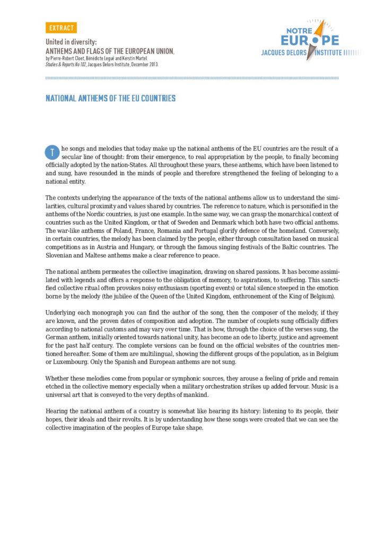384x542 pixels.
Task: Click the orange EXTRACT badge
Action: click(x=61, y=28)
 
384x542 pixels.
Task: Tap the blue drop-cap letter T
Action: click(x=51, y=152)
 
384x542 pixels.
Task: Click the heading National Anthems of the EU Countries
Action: click(x=110, y=98)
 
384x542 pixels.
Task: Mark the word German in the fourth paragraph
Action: click(x=57, y=336)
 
